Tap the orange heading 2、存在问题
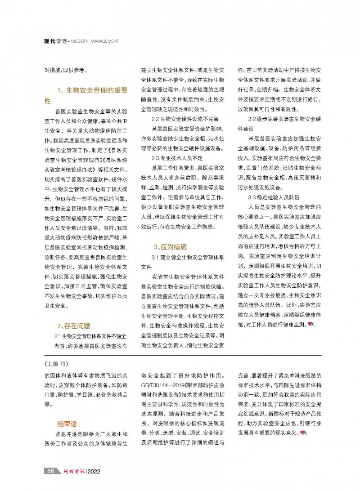[x=74, y=326]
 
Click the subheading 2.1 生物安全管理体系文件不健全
[x=90, y=336]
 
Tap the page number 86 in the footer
[x=51, y=471]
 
